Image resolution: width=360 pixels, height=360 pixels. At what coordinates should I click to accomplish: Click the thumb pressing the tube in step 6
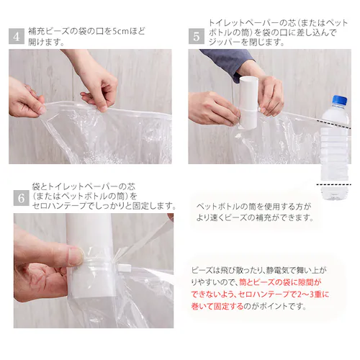coord(72,256)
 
